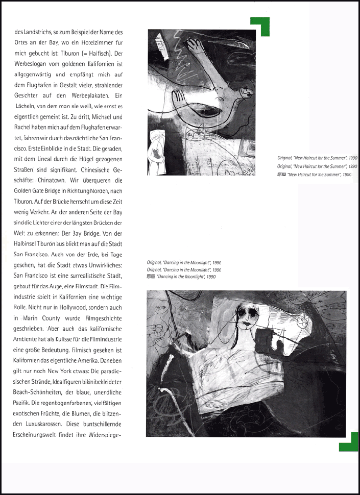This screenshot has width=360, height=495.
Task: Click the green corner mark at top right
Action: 260,26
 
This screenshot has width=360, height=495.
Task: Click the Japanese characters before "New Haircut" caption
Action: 281,175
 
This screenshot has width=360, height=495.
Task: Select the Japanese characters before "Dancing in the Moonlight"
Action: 151,276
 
